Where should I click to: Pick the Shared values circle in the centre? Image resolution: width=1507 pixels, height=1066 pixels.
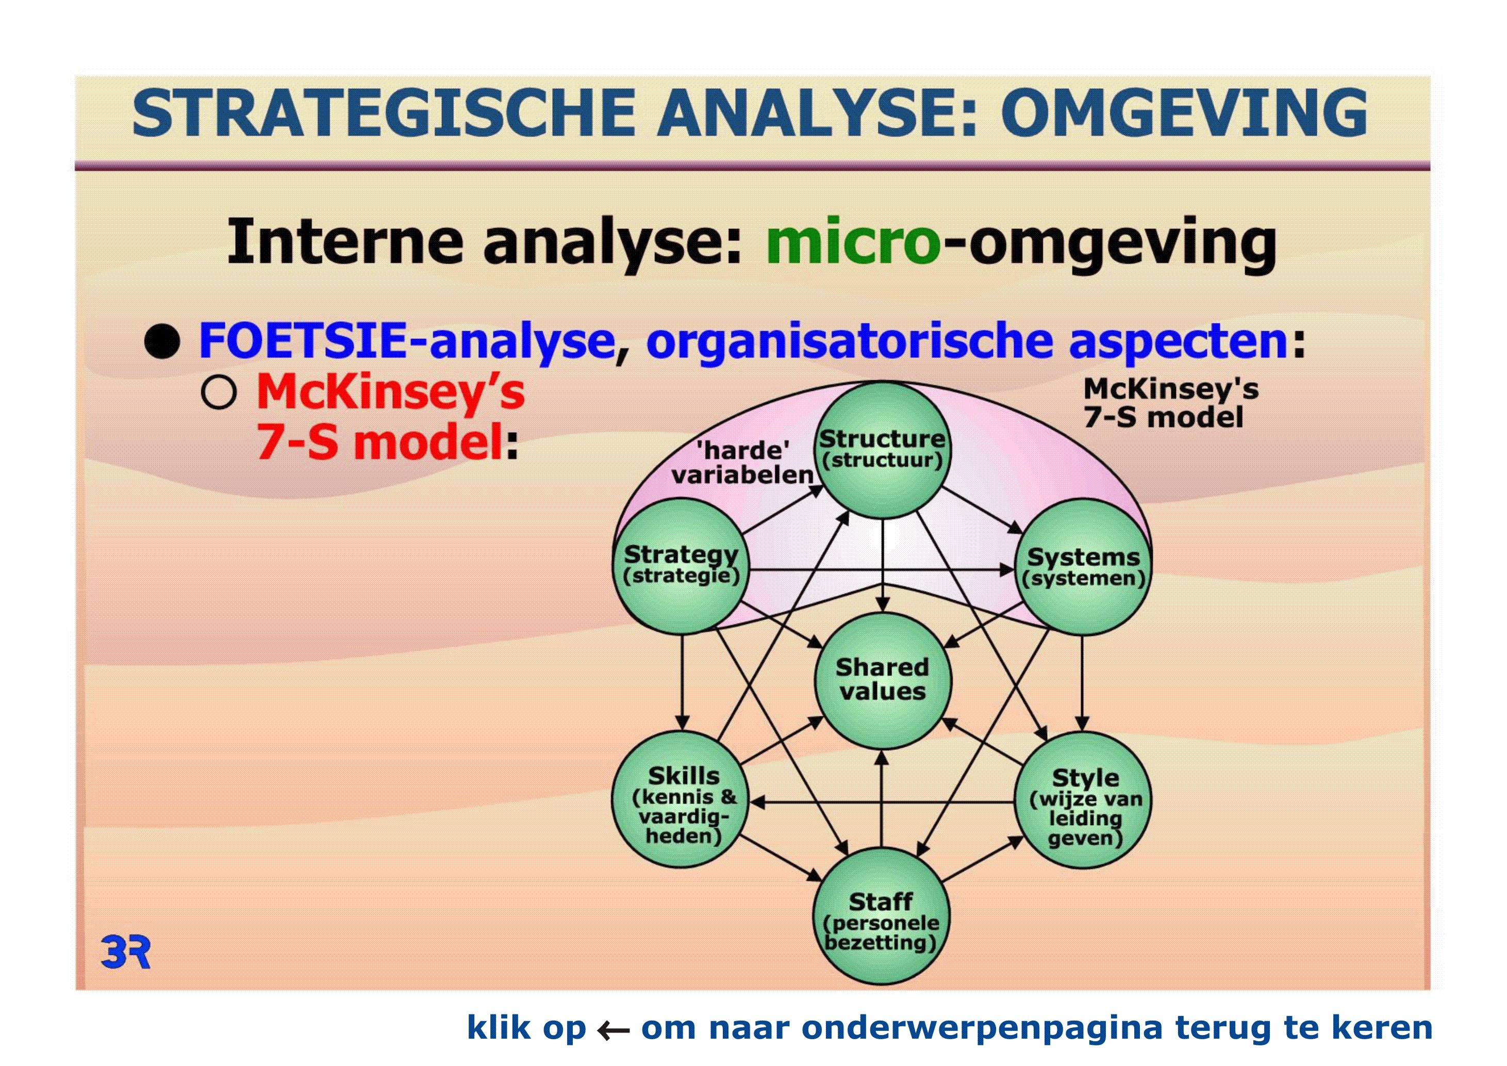pyautogui.click(x=883, y=681)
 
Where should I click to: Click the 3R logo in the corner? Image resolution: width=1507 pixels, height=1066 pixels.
pyautogui.click(x=125, y=953)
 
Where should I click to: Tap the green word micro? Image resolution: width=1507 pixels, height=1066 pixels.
pyautogui.click(x=853, y=241)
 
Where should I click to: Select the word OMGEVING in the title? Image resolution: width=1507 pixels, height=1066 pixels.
pyautogui.click(x=1183, y=113)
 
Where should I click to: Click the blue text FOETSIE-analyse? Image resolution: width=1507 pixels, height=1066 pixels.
pyautogui.click(x=406, y=341)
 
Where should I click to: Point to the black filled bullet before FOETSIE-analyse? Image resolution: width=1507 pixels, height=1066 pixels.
pyautogui.click(x=162, y=341)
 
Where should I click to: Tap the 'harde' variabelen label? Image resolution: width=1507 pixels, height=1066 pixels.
pyautogui.click(x=742, y=462)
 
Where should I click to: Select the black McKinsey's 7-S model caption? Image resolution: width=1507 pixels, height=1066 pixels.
pyautogui.click(x=1171, y=403)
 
